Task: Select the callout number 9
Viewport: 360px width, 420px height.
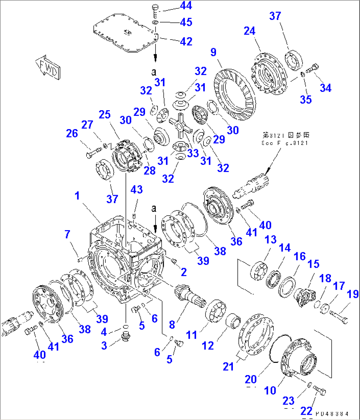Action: pyautogui.click(x=213, y=52)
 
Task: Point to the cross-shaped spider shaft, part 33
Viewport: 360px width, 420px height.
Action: pyautogui.click(x=181, y=125)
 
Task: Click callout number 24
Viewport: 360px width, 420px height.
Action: pyautogui.click(x=249, y=31)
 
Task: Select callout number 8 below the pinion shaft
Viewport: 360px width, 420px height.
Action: pyautogui.click(x=172, y=324)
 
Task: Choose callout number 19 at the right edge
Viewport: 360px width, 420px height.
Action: pyautogui.click(x=353, y=294)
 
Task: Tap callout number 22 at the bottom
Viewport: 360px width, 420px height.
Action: pyautogui.click(x=306, y=411)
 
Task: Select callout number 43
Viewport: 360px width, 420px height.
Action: pyautogui.click(x=136, y=189)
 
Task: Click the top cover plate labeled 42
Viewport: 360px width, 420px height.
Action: pyautogui.click(x=124, y=33)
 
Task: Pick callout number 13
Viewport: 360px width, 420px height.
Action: pyautogui.click(x=270, y=239)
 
